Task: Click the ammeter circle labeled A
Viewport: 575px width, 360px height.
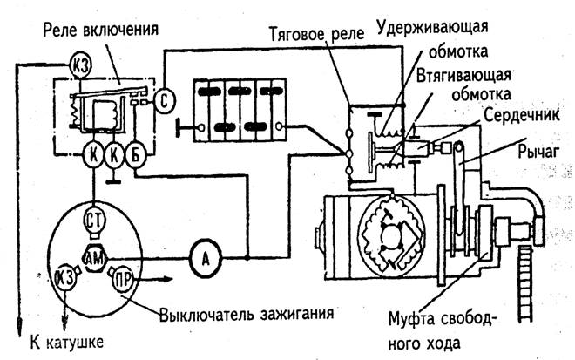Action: click(206, 258)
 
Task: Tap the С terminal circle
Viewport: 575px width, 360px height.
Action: click(164, 100)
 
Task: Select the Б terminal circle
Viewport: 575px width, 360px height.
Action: click(135, 156)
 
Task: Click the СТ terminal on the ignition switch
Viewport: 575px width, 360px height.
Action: click(95, 221)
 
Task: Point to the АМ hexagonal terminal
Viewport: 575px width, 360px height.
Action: click(95, 259)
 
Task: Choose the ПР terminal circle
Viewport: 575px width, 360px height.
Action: click(123, 280)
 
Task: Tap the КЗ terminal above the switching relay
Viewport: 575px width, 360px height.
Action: click(79, 65)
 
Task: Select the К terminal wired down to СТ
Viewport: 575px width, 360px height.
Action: click(94, 156)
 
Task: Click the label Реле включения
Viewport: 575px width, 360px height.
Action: click(101, 31)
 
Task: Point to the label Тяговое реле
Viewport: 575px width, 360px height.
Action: click(317, 34)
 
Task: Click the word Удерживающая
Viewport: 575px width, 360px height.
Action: click(432, 28)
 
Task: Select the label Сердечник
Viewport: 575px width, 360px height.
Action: click(522, 115)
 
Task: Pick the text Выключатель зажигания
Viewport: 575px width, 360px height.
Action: click(246, 315)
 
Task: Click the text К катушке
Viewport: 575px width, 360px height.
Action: click(67, 343)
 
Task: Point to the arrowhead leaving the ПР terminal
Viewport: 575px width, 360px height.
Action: click(167, 280)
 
